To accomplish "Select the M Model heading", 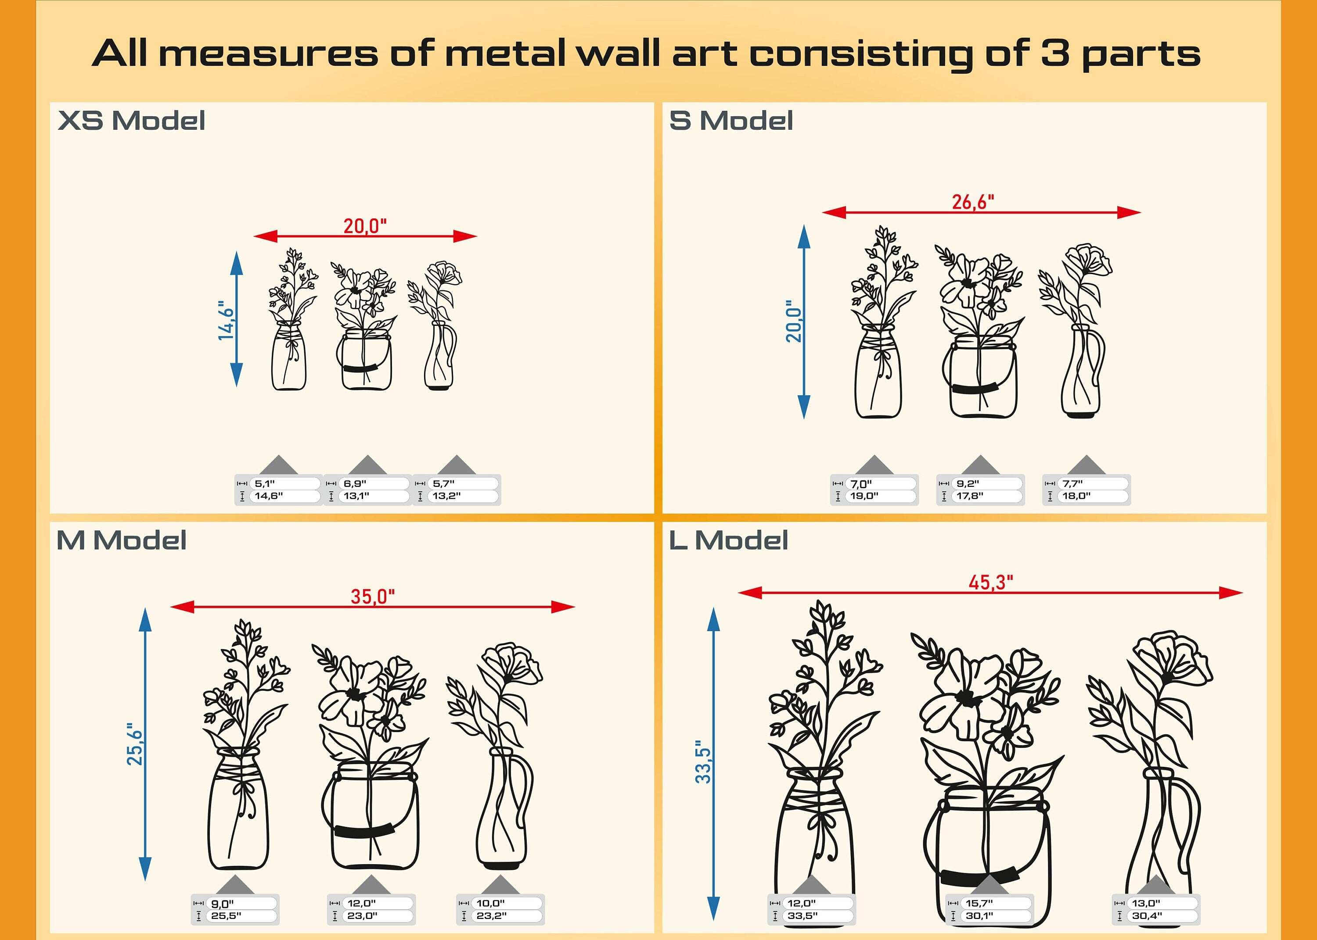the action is pos(122,540).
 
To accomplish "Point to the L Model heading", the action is pos(728,540).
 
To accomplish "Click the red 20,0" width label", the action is pos(365,226).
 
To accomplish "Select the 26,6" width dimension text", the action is pos(973,202).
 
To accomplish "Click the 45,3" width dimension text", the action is pos(991,582).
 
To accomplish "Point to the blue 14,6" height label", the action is pos(226,320).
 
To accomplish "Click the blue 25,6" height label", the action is pos(134,744).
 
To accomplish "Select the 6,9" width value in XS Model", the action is pos(354,483).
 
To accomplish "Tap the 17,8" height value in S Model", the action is pos(969,496).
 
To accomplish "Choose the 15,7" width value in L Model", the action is pos(979,903).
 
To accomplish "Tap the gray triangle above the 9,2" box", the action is pos(980,465).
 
